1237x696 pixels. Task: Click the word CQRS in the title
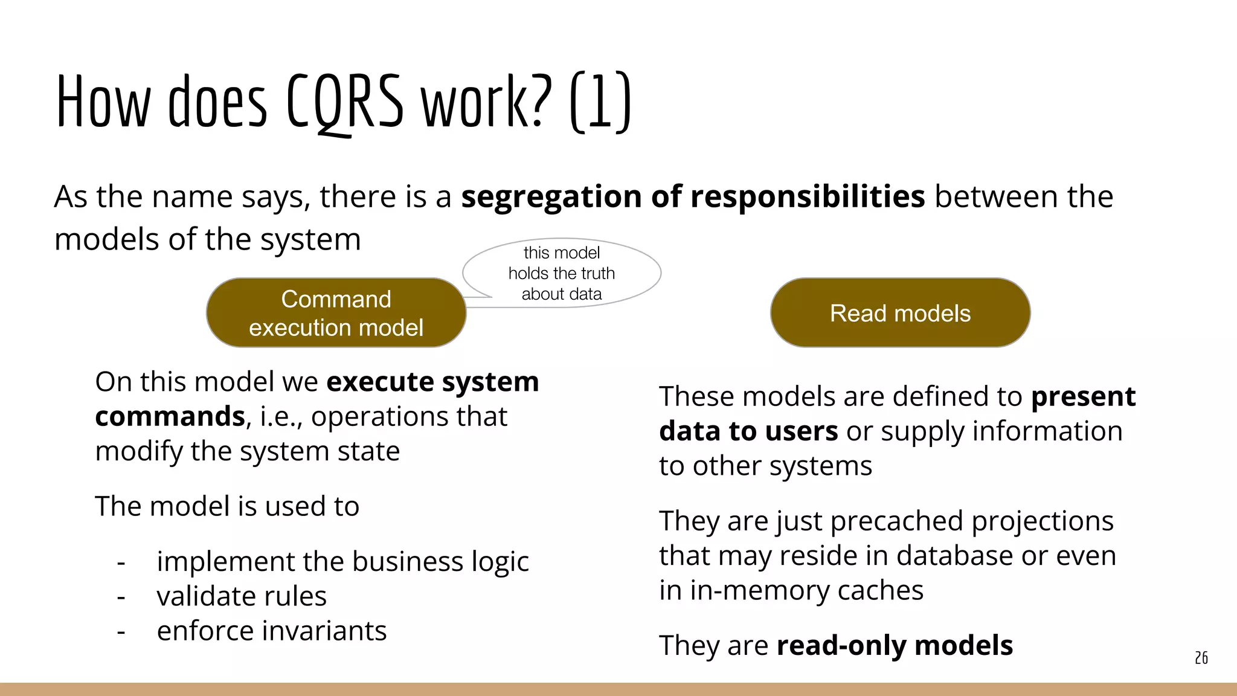coord(345,101)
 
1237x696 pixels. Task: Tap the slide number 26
coord(1201,658)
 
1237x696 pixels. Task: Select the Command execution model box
coord(336,313)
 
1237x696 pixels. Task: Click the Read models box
coord(900,313)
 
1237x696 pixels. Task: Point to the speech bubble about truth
coord(562,273)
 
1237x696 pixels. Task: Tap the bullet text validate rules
coord(242,596)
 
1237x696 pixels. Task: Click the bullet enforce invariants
coord(272,631)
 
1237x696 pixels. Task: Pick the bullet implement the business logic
coord(342,562)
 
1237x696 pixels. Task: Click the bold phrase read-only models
coord(895,645)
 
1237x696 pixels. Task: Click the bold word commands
coord(170,416)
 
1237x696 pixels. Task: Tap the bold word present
coord(1083,397)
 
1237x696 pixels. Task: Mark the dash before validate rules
coord(121,597)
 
